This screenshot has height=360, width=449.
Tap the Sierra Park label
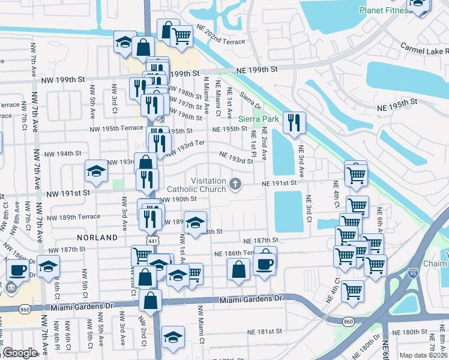tap(259, 119)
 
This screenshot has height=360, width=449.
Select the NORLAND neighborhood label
tap(97, 238)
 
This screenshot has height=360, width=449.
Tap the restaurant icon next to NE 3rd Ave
tap(294, 123)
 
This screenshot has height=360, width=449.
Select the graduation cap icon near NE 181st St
tap(173, 337)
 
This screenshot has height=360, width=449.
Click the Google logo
tap(20, 353)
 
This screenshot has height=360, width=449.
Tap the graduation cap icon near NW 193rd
tap(96, 172)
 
